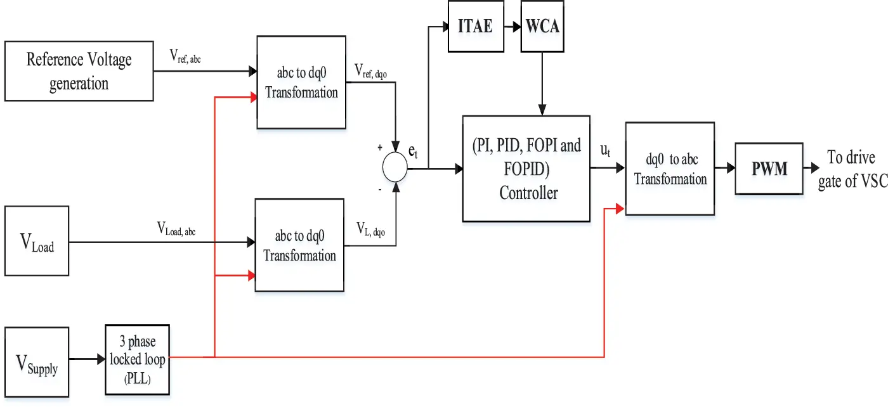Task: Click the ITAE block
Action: click(x=476, y=27)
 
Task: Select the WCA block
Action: click(x=542, y=27)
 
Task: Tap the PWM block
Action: click(x=769, y=169)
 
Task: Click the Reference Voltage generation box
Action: click(x=79, y=71)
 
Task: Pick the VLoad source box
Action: click(x=37, y=241)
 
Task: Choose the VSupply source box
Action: click(x=37, y=363)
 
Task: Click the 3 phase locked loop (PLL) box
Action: click(x=138, y=359)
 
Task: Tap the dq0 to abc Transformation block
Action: click(x=670, y=169)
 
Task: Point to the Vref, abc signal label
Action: click(x=194, y=56)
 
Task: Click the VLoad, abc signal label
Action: click(x=176, y=229)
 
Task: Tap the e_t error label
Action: click(x=413, y=153)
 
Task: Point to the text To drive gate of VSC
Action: click(x=852, y=170)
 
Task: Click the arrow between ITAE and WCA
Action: click(x=512, y=27)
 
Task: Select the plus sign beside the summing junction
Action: click(x=380, y=147)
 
